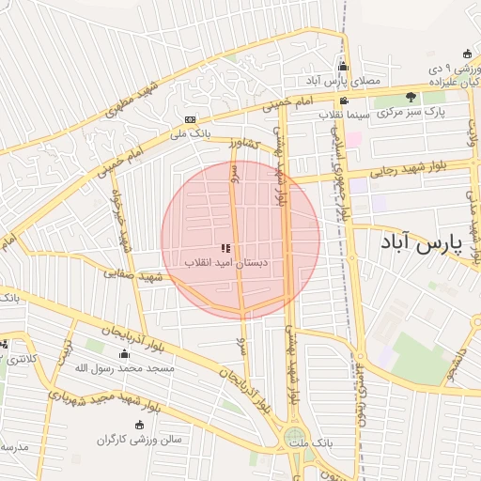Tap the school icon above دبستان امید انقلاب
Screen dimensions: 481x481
pos(225,249)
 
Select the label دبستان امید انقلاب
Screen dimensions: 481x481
pos(225,263)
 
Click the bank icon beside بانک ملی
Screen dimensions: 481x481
pos(191,120)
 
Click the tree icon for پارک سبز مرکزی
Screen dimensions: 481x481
pos(410,97)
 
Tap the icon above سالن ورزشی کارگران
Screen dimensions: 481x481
pos(140,425)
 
